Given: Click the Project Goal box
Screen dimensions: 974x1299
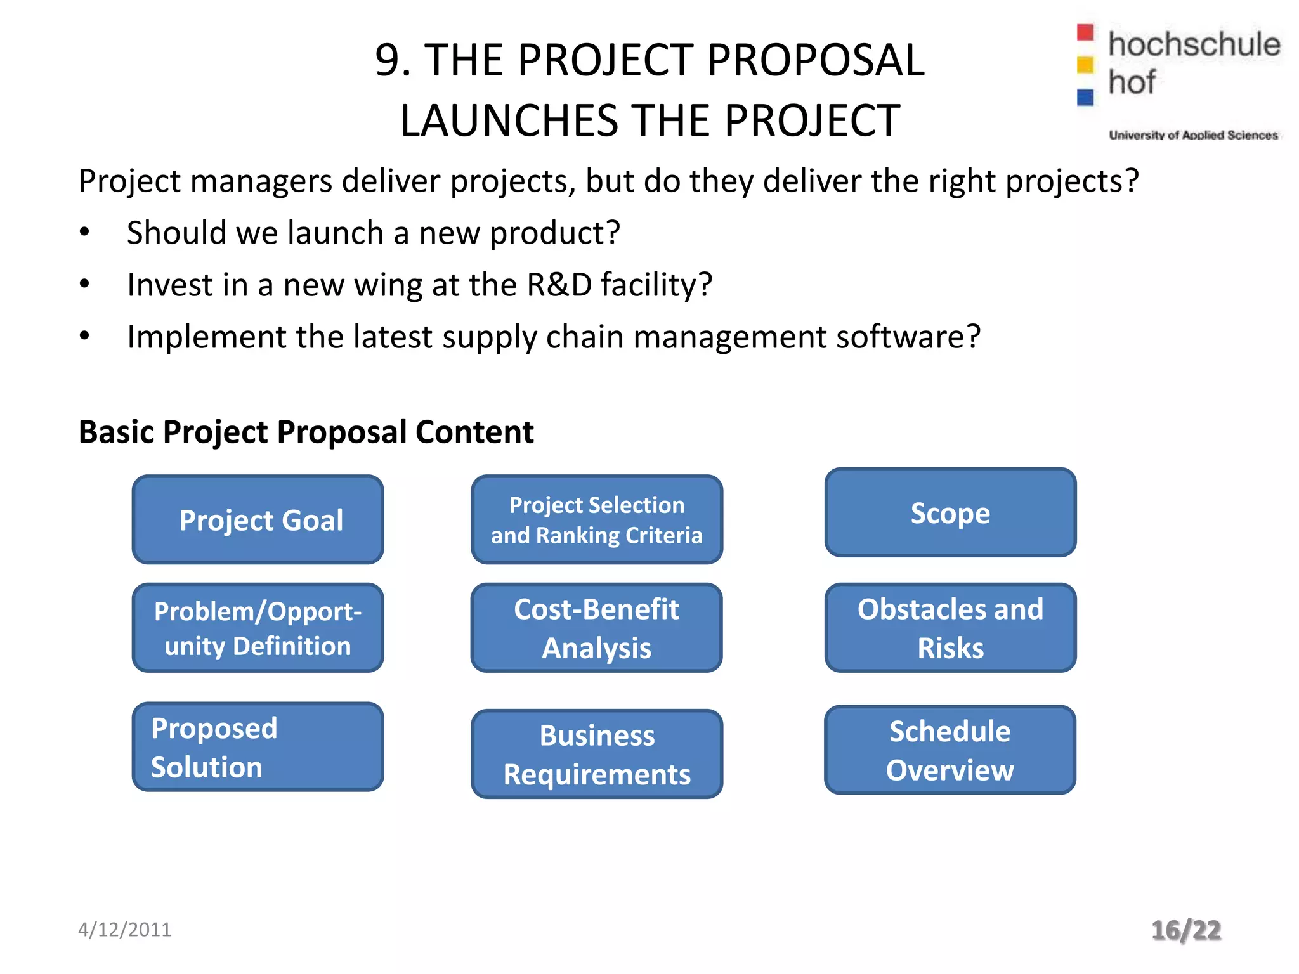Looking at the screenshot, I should coord(258,519).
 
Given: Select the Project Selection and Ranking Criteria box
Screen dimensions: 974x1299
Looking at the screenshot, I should coord(596,519).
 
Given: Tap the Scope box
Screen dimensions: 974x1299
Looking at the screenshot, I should coord(950,512).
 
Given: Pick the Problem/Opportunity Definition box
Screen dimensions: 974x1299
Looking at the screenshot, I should coord(258,628).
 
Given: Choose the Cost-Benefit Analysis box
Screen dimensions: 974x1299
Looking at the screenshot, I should coord(596,628).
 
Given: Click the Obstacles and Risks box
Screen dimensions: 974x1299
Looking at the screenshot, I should coord(950,628).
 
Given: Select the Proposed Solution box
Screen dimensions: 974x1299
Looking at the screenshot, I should coord(258,747).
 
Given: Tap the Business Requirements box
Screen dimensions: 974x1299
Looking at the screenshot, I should coord(596,754).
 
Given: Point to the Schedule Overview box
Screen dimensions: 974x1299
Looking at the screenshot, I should coord(950,750).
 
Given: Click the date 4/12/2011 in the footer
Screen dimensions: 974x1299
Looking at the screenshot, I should coord(124,930).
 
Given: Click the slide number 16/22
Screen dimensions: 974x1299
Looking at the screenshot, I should coord(1186,930).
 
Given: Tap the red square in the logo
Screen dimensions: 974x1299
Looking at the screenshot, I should coord(1085,32).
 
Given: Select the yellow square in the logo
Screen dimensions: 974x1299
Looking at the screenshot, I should coord(1085,65).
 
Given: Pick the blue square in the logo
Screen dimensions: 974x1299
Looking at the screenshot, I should coord(1085,97).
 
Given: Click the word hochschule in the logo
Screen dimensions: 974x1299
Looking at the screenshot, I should coord(1194,44).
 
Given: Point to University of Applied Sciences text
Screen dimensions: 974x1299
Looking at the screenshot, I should coord(1193,135).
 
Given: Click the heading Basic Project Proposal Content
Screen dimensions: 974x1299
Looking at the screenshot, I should coord(306,432).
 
